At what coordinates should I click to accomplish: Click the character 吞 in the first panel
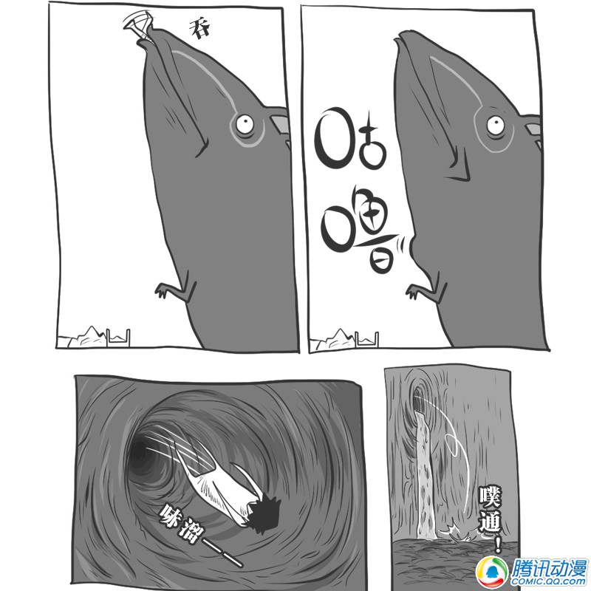point(199,29)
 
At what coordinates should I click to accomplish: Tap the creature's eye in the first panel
point(245,123)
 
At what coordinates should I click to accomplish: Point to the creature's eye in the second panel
point(495,125)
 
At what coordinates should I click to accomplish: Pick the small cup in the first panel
point(118,338)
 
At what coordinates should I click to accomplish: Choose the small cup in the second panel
point(366,339)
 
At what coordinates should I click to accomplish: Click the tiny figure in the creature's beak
point(138,24)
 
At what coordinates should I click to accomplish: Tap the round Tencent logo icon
point(491,570)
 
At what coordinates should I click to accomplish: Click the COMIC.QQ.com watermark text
point(549,581)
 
